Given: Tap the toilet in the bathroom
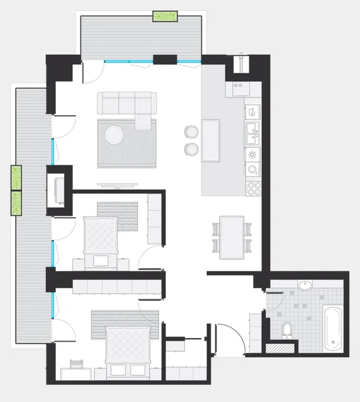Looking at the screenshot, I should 287,329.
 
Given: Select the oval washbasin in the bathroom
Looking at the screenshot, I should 305,286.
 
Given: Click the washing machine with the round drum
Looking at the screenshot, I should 253,169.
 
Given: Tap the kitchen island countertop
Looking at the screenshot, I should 211,140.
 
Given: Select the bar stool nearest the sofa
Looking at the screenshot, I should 191,131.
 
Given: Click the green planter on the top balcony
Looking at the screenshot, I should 165,16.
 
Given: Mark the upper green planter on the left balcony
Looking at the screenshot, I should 16,178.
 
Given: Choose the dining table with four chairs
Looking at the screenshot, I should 231,237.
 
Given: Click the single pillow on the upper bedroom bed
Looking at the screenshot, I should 101,261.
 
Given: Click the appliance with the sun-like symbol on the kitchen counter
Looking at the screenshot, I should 253,154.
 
